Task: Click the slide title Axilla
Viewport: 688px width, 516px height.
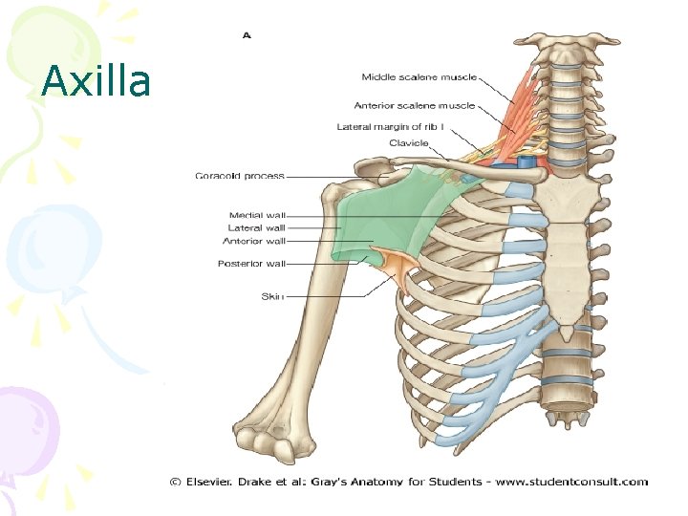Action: coord(97,82)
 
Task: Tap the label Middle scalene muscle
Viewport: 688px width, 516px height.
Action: coord(419,77)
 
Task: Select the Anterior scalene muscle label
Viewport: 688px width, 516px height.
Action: coord(414,105)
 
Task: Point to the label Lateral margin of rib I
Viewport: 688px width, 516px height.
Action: coord(392,126)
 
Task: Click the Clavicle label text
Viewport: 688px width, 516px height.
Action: coord(408,143)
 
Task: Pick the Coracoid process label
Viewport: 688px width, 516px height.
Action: coord(239,176)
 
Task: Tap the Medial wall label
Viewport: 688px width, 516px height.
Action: coord(257,215)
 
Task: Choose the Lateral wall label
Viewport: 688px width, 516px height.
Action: coord(256,227)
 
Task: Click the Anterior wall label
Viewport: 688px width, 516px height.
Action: coord(255,241)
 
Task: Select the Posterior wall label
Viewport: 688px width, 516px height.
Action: coord(251,264)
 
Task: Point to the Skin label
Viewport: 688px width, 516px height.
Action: coord(272,296)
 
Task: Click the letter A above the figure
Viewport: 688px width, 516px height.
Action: coord(246,35)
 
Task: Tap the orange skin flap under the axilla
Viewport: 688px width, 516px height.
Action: coord(394,265)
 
